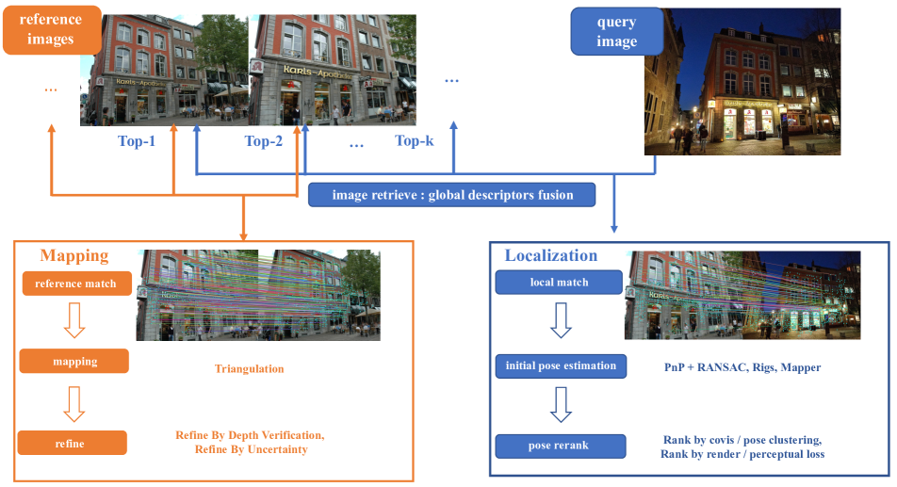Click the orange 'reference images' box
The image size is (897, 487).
51,30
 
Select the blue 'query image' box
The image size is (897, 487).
616,32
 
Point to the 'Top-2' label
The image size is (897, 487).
263,141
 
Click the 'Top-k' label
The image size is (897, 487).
415,141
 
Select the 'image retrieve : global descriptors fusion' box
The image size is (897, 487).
452,195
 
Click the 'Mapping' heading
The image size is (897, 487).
73,255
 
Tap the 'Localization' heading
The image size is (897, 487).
551,255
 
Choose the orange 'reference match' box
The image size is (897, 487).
75,284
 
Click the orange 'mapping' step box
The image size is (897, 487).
73,361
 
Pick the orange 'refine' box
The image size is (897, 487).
73,443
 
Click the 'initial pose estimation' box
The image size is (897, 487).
561,365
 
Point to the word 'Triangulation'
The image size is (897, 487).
249,369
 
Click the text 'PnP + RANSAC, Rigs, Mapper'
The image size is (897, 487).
736,366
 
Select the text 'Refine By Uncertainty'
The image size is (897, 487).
250,449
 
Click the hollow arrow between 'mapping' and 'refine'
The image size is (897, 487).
73,402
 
